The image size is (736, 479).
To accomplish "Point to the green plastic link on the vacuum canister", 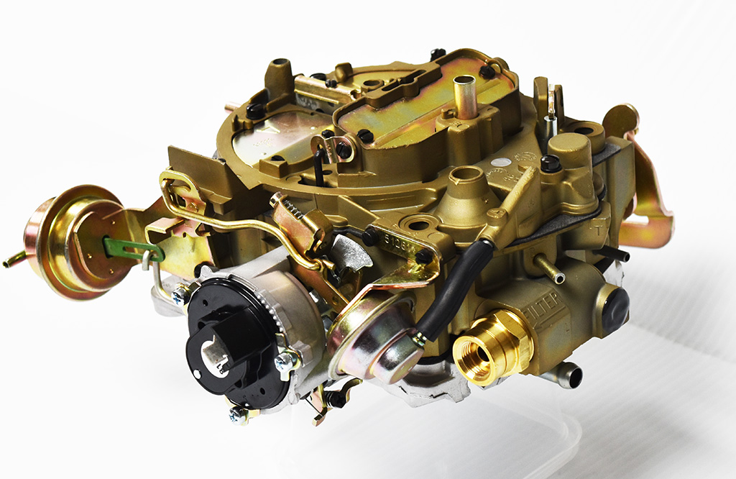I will [x=133, y=250].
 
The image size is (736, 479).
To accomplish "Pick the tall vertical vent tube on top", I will [x=465, y=96].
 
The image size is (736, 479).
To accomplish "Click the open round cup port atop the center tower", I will [x=467, y=175].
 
